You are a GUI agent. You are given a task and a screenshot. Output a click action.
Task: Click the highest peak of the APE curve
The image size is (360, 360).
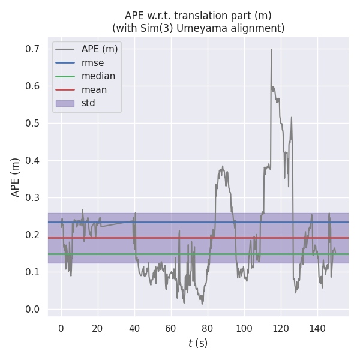pos(271,50)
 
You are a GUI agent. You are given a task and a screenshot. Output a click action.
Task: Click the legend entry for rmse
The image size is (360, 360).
pos(92,62)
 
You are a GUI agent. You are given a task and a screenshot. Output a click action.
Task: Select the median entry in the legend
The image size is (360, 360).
pos(98,76)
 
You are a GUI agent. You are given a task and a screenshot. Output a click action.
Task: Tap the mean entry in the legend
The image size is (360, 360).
pos(94,90)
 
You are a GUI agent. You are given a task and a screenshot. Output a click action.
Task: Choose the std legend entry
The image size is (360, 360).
pos(88,103)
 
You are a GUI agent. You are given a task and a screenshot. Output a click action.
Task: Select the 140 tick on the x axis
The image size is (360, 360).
pos(317,328)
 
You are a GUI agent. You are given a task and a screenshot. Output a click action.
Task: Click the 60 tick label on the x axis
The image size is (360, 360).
pos(171,328)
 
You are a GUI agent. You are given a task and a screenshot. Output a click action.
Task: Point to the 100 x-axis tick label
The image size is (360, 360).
pos(244,328)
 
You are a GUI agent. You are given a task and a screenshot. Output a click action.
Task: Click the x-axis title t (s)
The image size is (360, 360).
pos(198,343)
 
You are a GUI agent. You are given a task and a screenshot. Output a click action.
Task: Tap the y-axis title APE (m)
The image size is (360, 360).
pos(16,177)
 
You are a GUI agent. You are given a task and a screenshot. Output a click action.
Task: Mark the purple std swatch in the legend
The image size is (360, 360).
pos(65,103)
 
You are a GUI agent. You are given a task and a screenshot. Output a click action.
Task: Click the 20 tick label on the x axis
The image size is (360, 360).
pos(98,328)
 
